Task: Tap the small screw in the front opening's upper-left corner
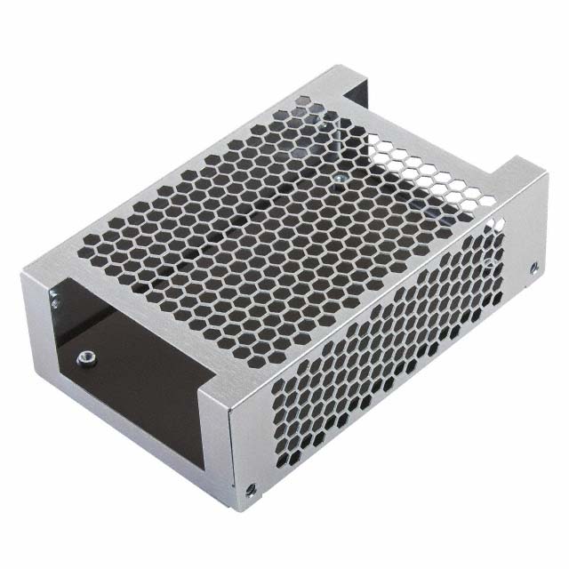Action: [56, 303]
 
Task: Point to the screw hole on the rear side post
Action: [533, 267]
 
